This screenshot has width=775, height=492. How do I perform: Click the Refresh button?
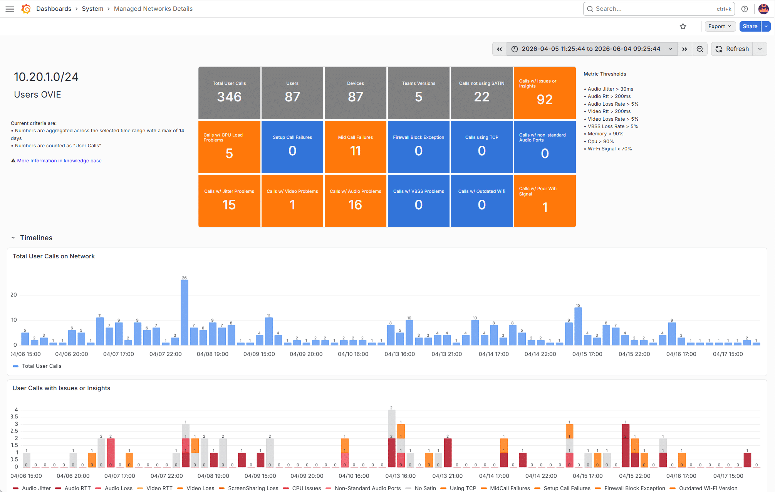(732, 49)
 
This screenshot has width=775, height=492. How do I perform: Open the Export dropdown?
(720, 26)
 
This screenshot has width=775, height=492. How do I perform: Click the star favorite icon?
(683, 26)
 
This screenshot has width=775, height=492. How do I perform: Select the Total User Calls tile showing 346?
(229, 93)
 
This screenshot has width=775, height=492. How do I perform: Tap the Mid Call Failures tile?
(356, 147)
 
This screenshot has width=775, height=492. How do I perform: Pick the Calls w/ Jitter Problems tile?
(229, 201)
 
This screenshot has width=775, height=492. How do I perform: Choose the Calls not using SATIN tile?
(481, 93)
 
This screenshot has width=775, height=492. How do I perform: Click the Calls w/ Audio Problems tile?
(356, 201)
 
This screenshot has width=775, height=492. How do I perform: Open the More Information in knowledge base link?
(59, 161)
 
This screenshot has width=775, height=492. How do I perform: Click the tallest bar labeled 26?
(185, 312)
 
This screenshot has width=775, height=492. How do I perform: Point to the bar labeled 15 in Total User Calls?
(578, 326)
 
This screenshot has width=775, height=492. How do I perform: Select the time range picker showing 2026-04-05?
(592, 49)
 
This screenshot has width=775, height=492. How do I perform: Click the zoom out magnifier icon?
(700, 49)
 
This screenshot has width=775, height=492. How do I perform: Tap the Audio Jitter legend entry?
(32, 488)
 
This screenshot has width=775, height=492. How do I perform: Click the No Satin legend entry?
(421, 488)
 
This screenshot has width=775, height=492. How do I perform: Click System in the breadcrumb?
(92, 9)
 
